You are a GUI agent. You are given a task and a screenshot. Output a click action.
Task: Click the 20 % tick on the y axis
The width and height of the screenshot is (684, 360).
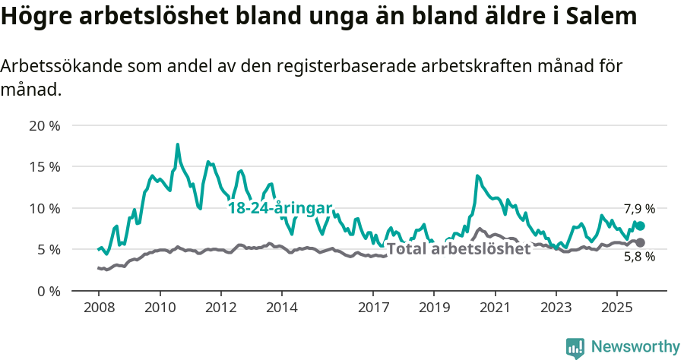43,125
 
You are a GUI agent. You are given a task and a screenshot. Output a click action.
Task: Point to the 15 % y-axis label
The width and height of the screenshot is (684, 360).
43,166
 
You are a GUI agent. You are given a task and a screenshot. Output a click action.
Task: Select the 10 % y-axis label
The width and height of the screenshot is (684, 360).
43,208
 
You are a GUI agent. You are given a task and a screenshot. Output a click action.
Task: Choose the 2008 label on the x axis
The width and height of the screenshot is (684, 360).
99,309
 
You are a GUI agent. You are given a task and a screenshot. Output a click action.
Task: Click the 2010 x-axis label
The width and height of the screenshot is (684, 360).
160,309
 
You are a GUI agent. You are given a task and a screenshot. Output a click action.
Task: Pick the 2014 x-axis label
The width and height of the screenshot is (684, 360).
281,309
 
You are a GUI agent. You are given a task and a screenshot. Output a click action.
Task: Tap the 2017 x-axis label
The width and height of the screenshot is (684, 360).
373,309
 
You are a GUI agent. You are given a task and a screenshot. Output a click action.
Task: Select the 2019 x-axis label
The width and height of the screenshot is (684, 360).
434,309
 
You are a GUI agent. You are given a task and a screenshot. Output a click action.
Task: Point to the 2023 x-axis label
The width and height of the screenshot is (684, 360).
556,309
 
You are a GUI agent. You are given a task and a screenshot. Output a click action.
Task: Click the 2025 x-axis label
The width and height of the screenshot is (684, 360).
616,309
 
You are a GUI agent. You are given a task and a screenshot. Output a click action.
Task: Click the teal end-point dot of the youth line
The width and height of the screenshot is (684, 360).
640,226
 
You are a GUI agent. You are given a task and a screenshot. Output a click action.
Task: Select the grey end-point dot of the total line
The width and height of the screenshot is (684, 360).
640,242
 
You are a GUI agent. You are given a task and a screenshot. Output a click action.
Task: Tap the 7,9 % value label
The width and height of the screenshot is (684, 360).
639,209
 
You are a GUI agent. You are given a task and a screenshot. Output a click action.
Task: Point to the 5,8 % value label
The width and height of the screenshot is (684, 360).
639,257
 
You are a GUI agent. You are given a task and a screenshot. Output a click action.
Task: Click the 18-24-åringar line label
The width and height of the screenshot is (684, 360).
280,208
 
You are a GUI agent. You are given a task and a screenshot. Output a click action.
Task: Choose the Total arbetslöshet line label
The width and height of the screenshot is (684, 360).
458,249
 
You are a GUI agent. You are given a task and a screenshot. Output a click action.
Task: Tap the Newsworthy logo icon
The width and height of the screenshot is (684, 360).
575,347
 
